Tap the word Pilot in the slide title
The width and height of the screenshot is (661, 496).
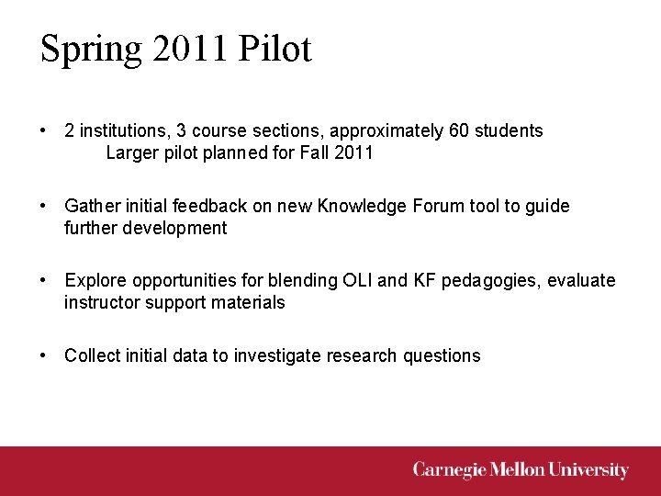(274, 49)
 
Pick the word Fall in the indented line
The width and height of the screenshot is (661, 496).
(315, 152)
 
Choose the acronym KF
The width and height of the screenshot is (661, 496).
(426, 280)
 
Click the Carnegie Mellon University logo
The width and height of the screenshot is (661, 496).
(521, 470)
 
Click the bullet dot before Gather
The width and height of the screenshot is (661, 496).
(44, 206)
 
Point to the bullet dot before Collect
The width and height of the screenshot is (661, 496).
(44, 355)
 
